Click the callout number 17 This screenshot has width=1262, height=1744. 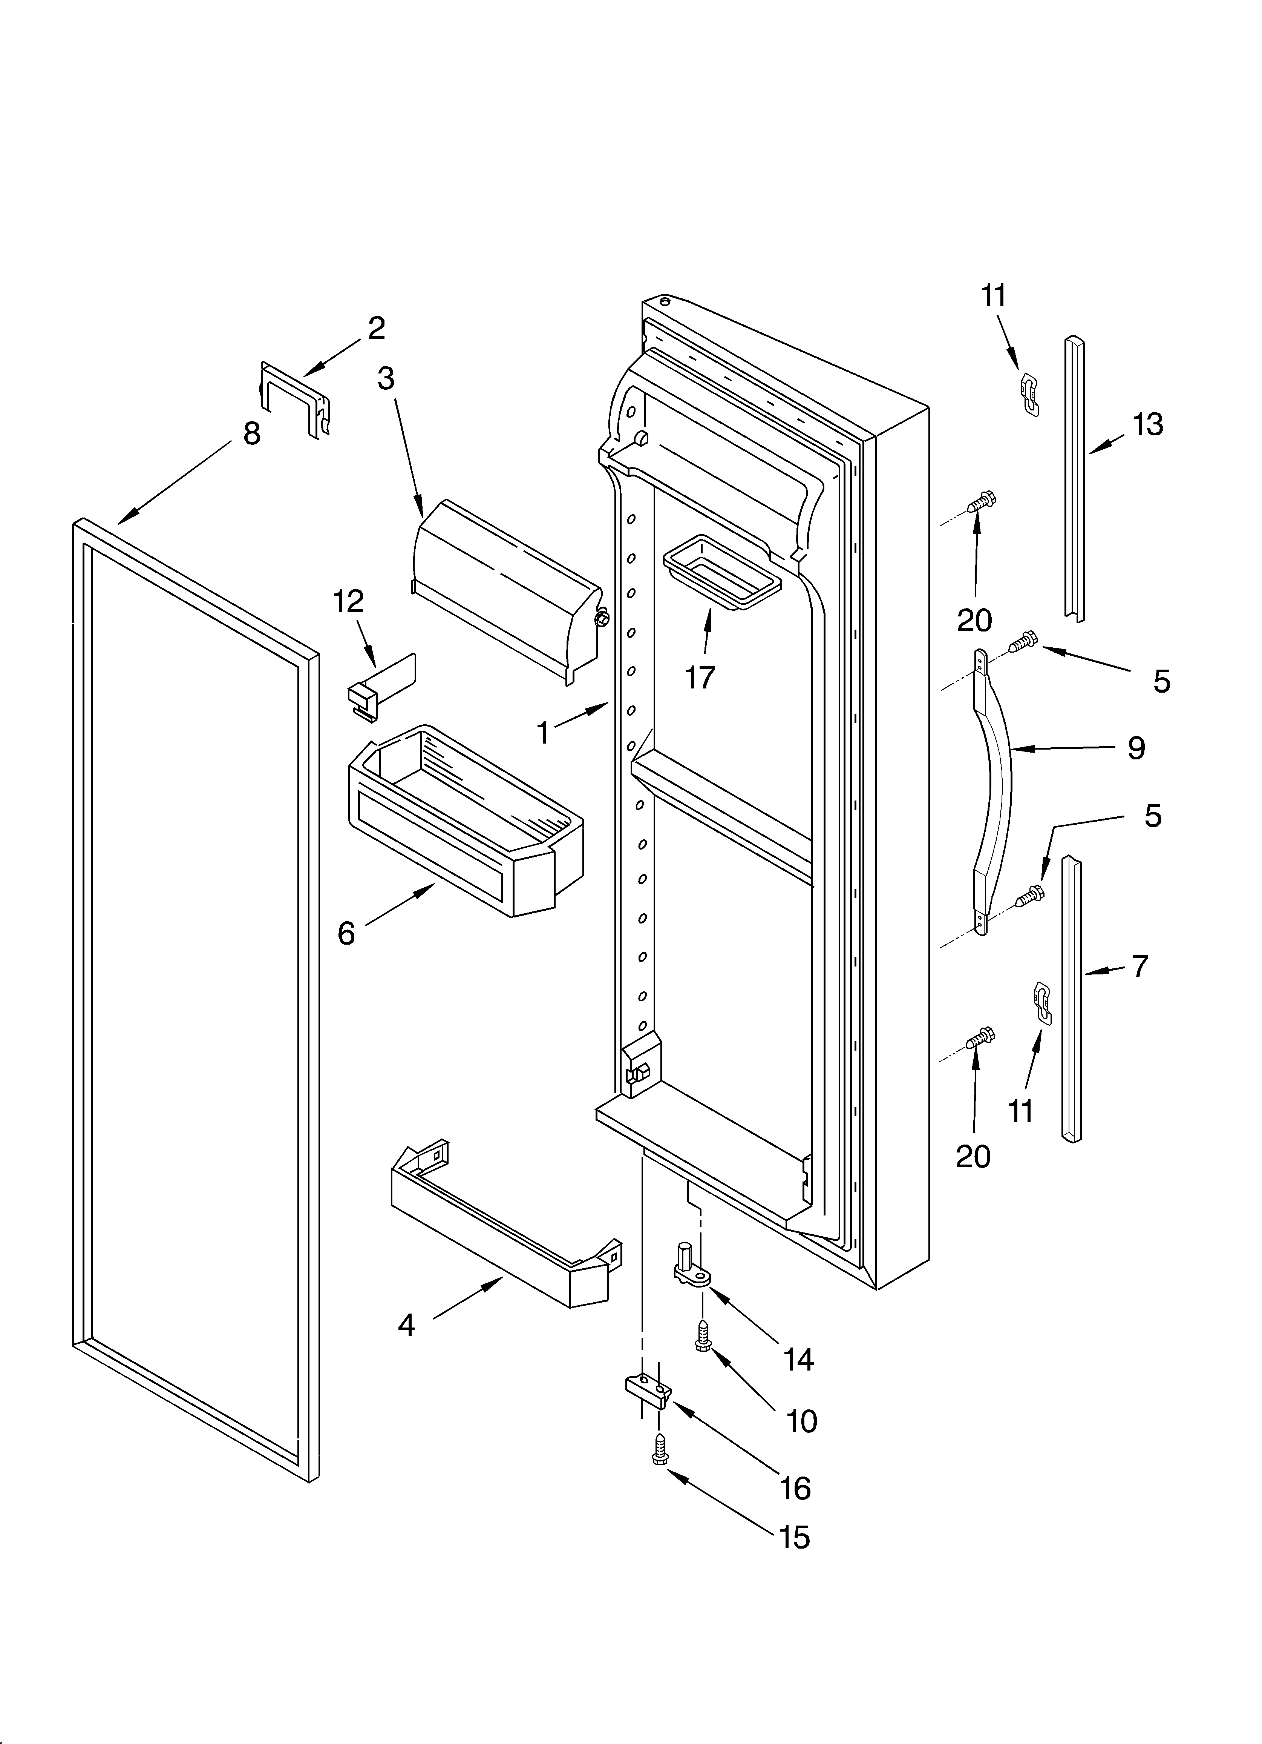tap(700, 678)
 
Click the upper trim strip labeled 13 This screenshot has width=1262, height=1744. tap(1074, 477)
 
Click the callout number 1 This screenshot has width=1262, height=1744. tap(544, 733)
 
